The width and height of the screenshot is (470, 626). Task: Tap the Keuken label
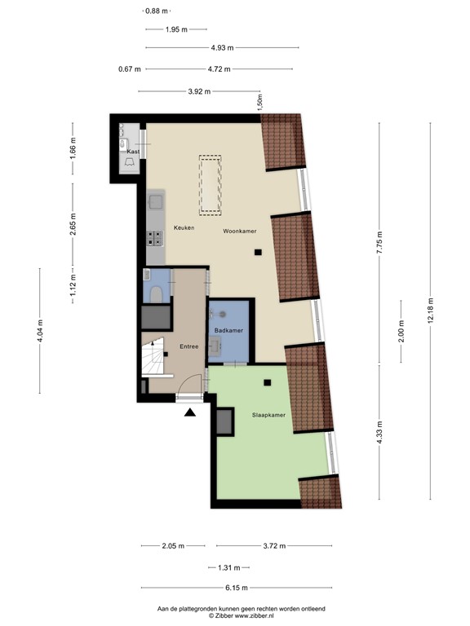(184, 227)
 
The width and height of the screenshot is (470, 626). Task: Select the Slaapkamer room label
(269, 416)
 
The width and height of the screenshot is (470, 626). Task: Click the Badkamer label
(228, 330)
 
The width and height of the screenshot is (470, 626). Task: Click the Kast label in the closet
(133, 152)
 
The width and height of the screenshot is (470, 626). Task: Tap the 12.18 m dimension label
(431, 311)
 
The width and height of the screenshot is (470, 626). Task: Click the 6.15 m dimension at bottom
(237, 588)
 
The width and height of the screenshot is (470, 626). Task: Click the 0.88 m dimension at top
(156, 11)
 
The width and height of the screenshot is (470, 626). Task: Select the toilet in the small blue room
(157, 292)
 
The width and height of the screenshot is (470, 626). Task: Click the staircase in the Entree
(153, 359)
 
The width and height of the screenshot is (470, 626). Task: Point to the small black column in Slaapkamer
(268, 382)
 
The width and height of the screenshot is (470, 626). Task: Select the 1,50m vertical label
(259, 103)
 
